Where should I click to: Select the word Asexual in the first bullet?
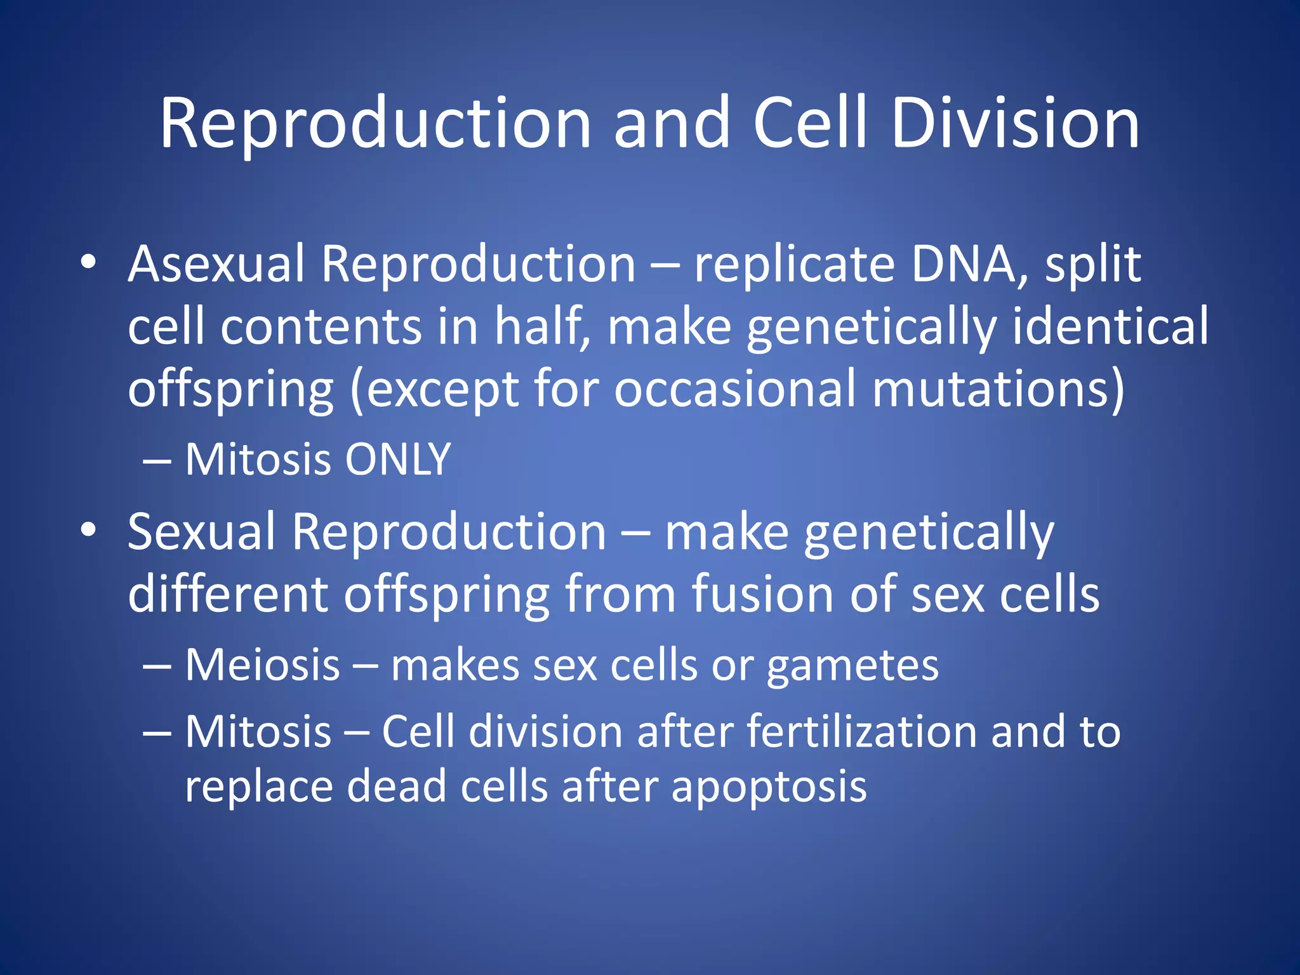pos(216,264)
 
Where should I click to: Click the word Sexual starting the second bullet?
pos(202,532)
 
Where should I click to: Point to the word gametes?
pos(852,667)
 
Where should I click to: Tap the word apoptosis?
pos(769,787)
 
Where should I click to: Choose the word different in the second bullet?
pos(228,594)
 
